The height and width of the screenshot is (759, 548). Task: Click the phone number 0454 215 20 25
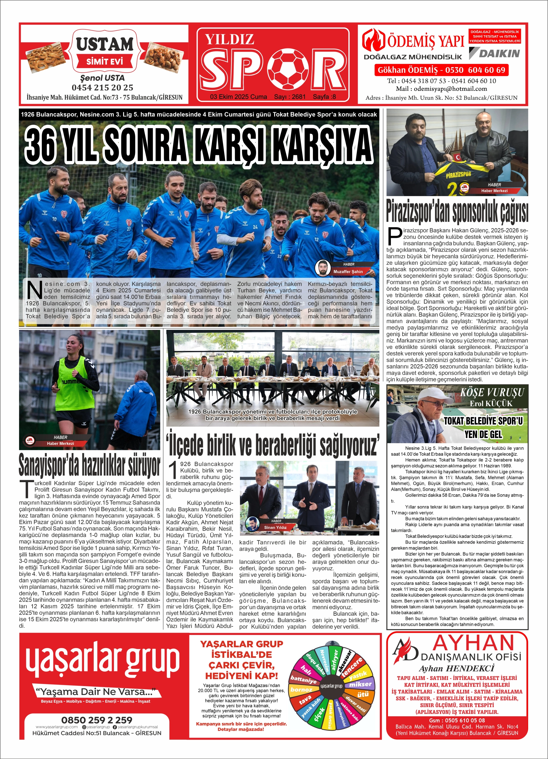click(102, 88)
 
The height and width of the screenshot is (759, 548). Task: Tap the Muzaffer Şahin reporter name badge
click(348, 271)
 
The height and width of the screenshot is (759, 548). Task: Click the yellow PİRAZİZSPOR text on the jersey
click(458, 174)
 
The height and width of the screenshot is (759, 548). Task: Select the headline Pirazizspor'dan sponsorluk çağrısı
click(457, 211)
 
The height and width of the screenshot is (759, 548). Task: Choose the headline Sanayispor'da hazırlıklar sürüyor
click(89, 465)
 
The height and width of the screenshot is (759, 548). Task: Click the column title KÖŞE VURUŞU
click(492, 392)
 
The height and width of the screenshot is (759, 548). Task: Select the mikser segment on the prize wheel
click(360, 684)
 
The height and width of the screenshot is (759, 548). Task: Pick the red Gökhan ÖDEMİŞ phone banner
click(441, 70)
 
